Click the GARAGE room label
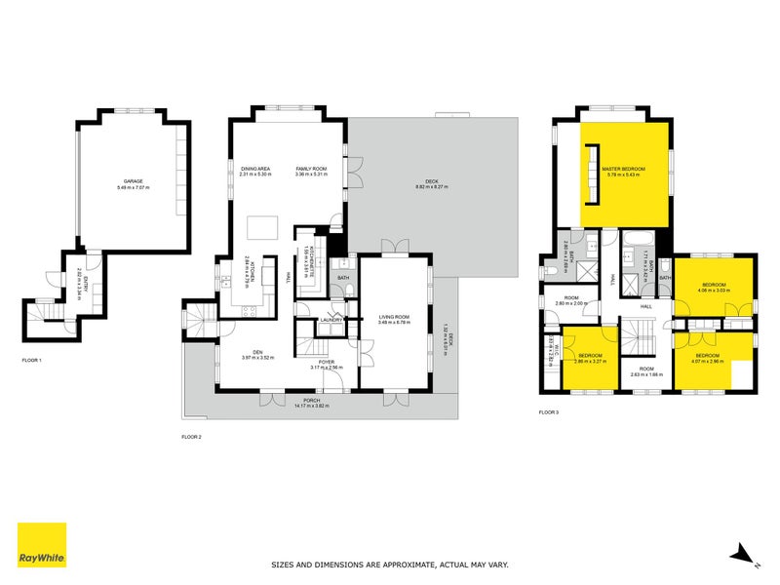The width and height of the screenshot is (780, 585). [x=129, y=184]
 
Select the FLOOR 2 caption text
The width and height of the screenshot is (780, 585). [x=192, y=436]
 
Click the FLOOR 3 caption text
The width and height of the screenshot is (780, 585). [x=550, y=412]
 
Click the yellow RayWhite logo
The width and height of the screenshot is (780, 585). [x=42, y=545]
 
